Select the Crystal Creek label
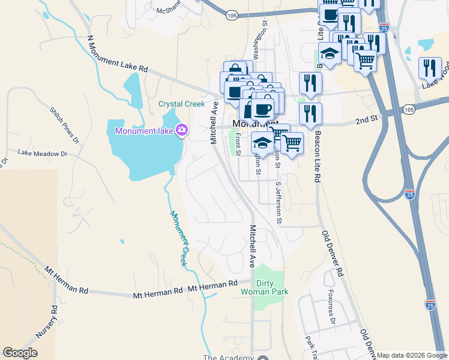(182, 104)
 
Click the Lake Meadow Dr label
(42, 154)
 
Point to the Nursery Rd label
(54, 322)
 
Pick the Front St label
(238, 144)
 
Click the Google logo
(20, 353)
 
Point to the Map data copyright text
(411, 355)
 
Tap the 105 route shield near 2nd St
(409, 110)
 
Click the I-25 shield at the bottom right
(430, 305)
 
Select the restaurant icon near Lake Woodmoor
(430, 68)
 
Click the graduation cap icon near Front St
(262, 143)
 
